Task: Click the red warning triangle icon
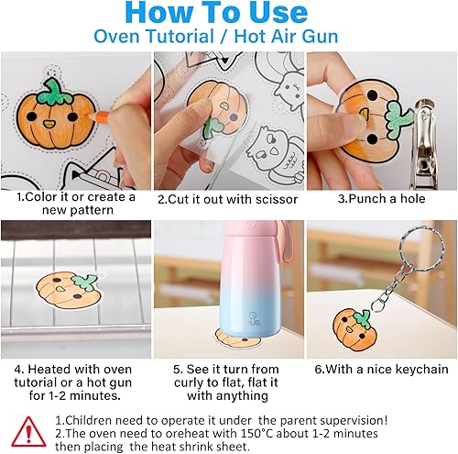tap(28, 432)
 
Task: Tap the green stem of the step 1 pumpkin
tap(54, 92)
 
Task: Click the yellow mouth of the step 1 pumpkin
tap(49, 124)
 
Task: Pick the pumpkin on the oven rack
tap(70, 291)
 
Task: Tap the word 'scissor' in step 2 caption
tap(277, 199)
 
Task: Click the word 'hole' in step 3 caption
tap(412, 199)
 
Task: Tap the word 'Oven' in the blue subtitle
tap(115, 37)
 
